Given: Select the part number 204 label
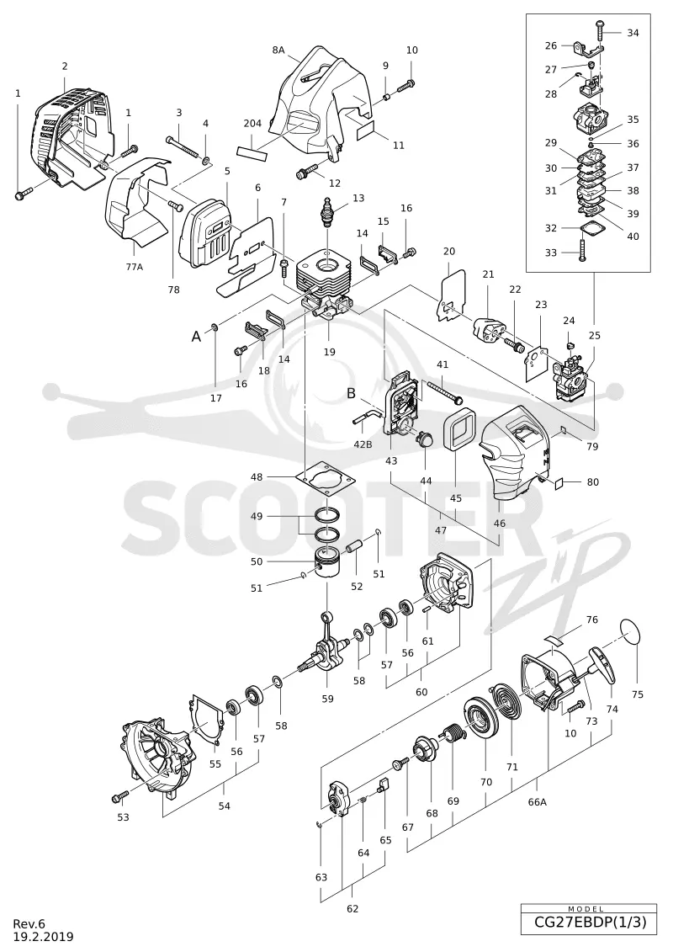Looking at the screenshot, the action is (x=252, y=123).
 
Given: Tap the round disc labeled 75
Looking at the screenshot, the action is (x=631, y=633).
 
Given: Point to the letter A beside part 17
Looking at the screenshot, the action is (x=196, y=337).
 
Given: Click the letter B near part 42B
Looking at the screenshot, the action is (x=352, y=393).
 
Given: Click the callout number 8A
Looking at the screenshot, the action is (x=278, y=50).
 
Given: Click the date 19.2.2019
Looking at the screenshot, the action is (x=43, y=937).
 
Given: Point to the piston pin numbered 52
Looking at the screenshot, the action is (x=354, y=545).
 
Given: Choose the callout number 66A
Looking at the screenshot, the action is (x=537, y=801).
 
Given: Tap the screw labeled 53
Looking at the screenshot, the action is (x=121, y=795).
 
